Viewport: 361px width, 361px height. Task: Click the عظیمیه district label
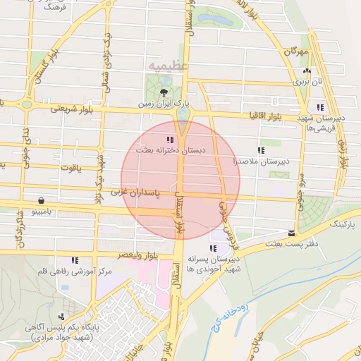coord(168,66)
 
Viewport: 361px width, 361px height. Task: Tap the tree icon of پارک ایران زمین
coord(164,92)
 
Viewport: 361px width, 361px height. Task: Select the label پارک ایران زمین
coord(164,104)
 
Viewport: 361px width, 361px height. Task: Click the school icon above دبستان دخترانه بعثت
coord(169,139)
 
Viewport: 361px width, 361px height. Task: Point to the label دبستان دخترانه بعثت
coord(169,150)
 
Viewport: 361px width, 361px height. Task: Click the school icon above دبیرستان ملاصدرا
coord(261,150)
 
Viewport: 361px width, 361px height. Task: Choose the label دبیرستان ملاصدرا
coord(258,161)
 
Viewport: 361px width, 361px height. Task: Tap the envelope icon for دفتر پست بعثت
coord(292,233)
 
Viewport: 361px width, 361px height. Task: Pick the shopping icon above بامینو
coord(42,200)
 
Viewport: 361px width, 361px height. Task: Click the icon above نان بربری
coord(306,71)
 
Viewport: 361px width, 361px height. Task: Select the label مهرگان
coord(298,51)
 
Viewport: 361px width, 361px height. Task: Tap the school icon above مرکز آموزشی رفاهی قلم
coord(75,260)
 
